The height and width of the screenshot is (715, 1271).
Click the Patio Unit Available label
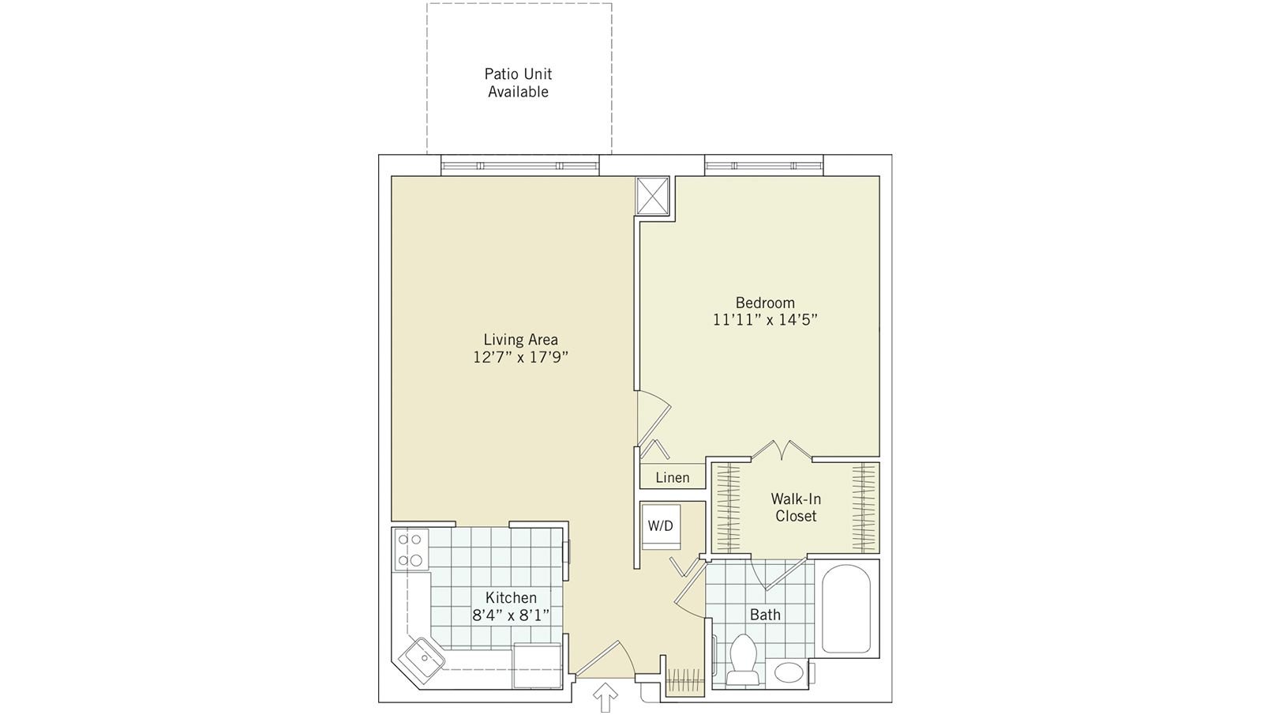[x=518, y=83]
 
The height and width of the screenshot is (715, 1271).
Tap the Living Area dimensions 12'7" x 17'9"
[x=521, y=357]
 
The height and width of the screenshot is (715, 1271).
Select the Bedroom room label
[x=764, y=303]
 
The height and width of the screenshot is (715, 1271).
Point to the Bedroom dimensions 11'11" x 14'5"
[x=764, y=321]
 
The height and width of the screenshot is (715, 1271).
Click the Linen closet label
[x=672, y=477]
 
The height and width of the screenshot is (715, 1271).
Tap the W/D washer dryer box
[x=661, y=525]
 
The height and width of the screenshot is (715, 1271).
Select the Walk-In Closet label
[x=795, y=507]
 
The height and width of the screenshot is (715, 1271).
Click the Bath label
[x=765, y=615]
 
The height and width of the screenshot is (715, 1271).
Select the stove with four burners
[x=411, y=550]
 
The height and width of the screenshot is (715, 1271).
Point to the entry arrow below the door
[x=605, y=698]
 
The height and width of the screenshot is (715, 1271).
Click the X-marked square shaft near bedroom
[x=653, y=196]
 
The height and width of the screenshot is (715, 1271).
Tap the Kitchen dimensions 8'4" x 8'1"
[x=511, y=615]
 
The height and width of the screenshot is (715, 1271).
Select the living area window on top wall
[x=519, y=166]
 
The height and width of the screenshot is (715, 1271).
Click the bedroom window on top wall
[x=764, y=166]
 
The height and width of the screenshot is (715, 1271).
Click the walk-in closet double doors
[x=780, y=450]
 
